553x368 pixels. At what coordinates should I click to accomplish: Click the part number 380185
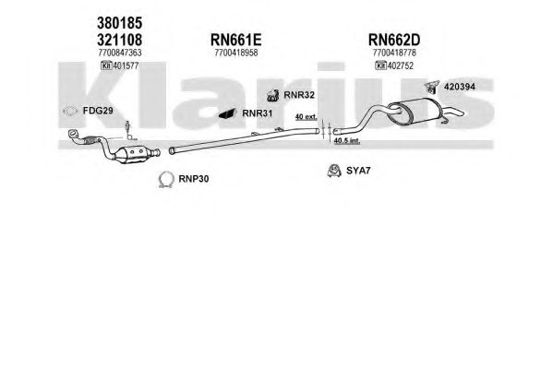[x=120, y=23]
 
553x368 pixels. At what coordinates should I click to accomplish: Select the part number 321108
[x=120, y=40]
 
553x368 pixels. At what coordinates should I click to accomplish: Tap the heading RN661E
[x=236, y=40]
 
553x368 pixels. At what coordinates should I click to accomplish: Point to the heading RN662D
[x=394, y=40]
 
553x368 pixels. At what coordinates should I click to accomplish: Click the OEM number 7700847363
[x=120, y=53]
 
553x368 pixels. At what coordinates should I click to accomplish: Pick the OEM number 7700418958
[x=236, y=53]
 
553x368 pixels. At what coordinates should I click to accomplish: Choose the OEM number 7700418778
[x=394, y=53]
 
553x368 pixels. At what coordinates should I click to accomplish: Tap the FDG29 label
[x=98, y=111]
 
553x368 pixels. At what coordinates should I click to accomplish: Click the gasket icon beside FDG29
[x=70, y=111]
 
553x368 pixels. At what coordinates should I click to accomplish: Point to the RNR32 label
[x=299, y=95]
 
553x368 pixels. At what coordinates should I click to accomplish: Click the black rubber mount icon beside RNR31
[x=227, y=113]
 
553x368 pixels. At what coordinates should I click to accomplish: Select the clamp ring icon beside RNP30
[x=166, y=180]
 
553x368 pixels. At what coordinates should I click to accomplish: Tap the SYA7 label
[x=358, y=171]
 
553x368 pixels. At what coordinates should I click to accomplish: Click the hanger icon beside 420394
[x=432, y=87]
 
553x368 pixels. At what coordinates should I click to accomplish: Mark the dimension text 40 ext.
[x=307, y=117]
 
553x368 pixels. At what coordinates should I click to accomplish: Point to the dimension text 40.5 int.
[x=347, y=140]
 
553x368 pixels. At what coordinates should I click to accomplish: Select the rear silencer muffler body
[x=415, y=111]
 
